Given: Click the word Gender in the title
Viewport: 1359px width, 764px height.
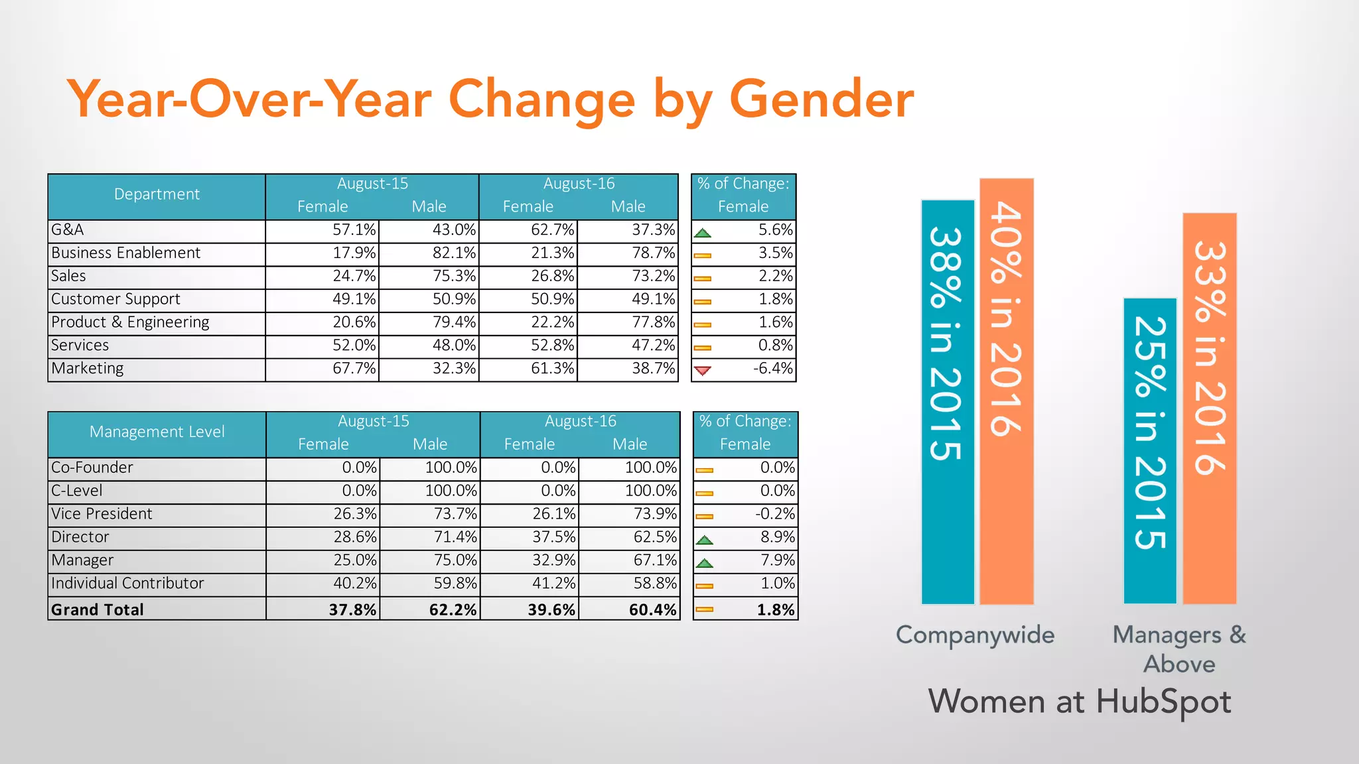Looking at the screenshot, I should click(821, 99).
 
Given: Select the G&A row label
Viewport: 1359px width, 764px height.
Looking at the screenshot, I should click(68, 230).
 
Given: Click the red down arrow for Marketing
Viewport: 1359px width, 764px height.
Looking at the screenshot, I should click(703, 370).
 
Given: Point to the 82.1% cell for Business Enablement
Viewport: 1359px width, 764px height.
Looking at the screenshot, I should click(454, 253).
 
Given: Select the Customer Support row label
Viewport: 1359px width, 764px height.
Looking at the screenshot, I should click(115, 299).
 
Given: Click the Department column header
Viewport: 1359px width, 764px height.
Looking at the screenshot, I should click(157, 194).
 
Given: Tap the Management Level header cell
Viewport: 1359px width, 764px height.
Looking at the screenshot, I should click(157, 432).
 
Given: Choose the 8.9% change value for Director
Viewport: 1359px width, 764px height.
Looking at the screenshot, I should click(777, 537).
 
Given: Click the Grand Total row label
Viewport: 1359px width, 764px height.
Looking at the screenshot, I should click(98, 609).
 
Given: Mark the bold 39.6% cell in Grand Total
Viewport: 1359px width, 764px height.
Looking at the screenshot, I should click(551, 609).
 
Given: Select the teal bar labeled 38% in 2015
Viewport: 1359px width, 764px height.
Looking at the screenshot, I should click(948, 402).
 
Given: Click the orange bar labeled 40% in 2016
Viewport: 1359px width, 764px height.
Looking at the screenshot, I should click(1006, 391).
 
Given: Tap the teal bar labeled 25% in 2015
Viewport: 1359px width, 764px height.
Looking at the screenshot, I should click(1150, 451).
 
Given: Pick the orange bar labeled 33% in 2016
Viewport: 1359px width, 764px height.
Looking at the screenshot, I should click(1209, 409).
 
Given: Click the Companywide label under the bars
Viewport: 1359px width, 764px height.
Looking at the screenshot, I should click(975, 635).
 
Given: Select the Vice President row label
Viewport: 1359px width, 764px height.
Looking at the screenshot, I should click(102, 514).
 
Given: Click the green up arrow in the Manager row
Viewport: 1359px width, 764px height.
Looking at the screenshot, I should click(705, 563).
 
